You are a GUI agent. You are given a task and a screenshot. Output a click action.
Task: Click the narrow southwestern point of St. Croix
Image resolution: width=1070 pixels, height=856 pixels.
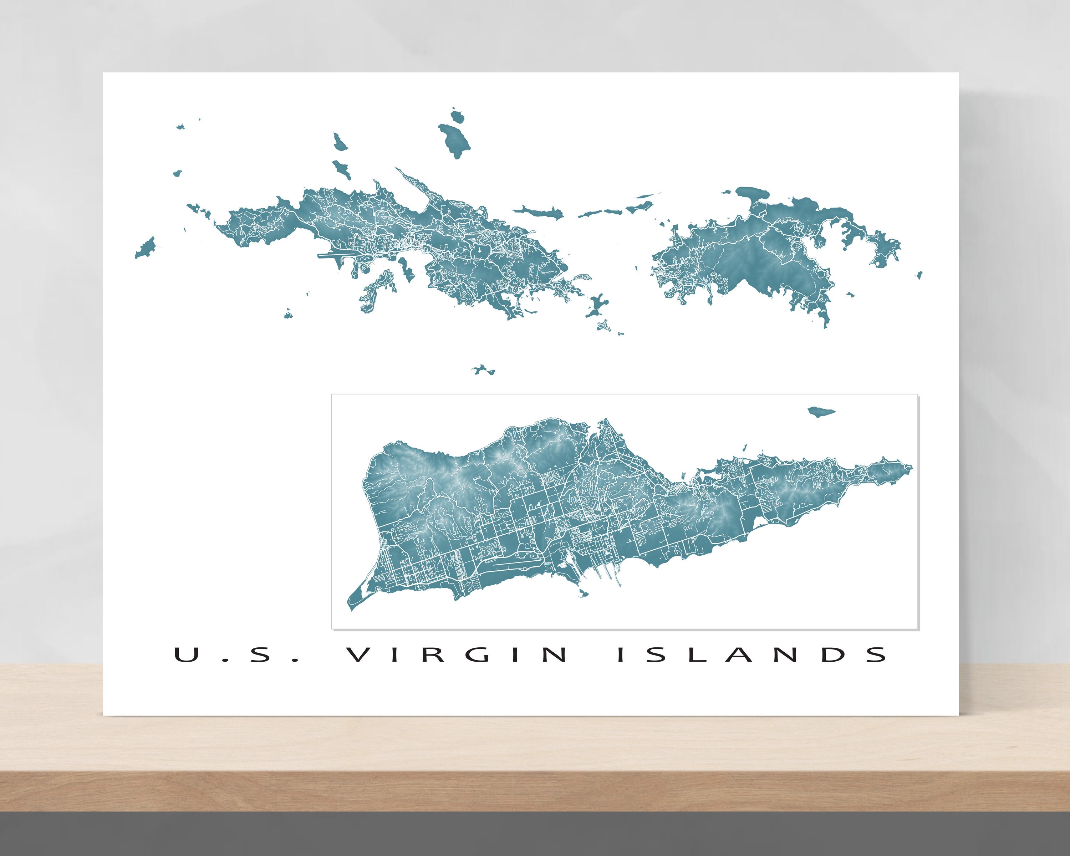tap(353, 606)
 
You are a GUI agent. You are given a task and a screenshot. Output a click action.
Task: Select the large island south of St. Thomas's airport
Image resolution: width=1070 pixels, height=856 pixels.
tap(377, 290)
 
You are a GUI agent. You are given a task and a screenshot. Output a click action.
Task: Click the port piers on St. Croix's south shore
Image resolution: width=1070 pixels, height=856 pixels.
tap(603, 573)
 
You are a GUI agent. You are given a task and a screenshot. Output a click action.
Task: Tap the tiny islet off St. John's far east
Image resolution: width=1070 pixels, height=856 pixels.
tap(919, 274)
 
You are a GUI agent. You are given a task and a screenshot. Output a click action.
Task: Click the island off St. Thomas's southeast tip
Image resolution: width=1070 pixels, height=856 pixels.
tap(596, 305)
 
